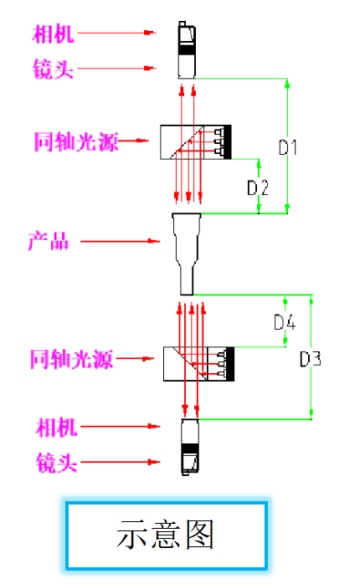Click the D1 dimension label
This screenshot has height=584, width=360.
288,147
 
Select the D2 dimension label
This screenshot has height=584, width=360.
258,187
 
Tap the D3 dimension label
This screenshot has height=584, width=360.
311,360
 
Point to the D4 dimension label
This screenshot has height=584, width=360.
285,322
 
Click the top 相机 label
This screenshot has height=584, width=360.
54,34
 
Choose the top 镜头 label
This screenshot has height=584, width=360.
53,69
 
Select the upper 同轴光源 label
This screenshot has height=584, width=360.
76,141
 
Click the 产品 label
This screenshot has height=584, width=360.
49,241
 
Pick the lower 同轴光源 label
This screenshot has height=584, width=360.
71,360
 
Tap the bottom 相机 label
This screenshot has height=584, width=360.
56,427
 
